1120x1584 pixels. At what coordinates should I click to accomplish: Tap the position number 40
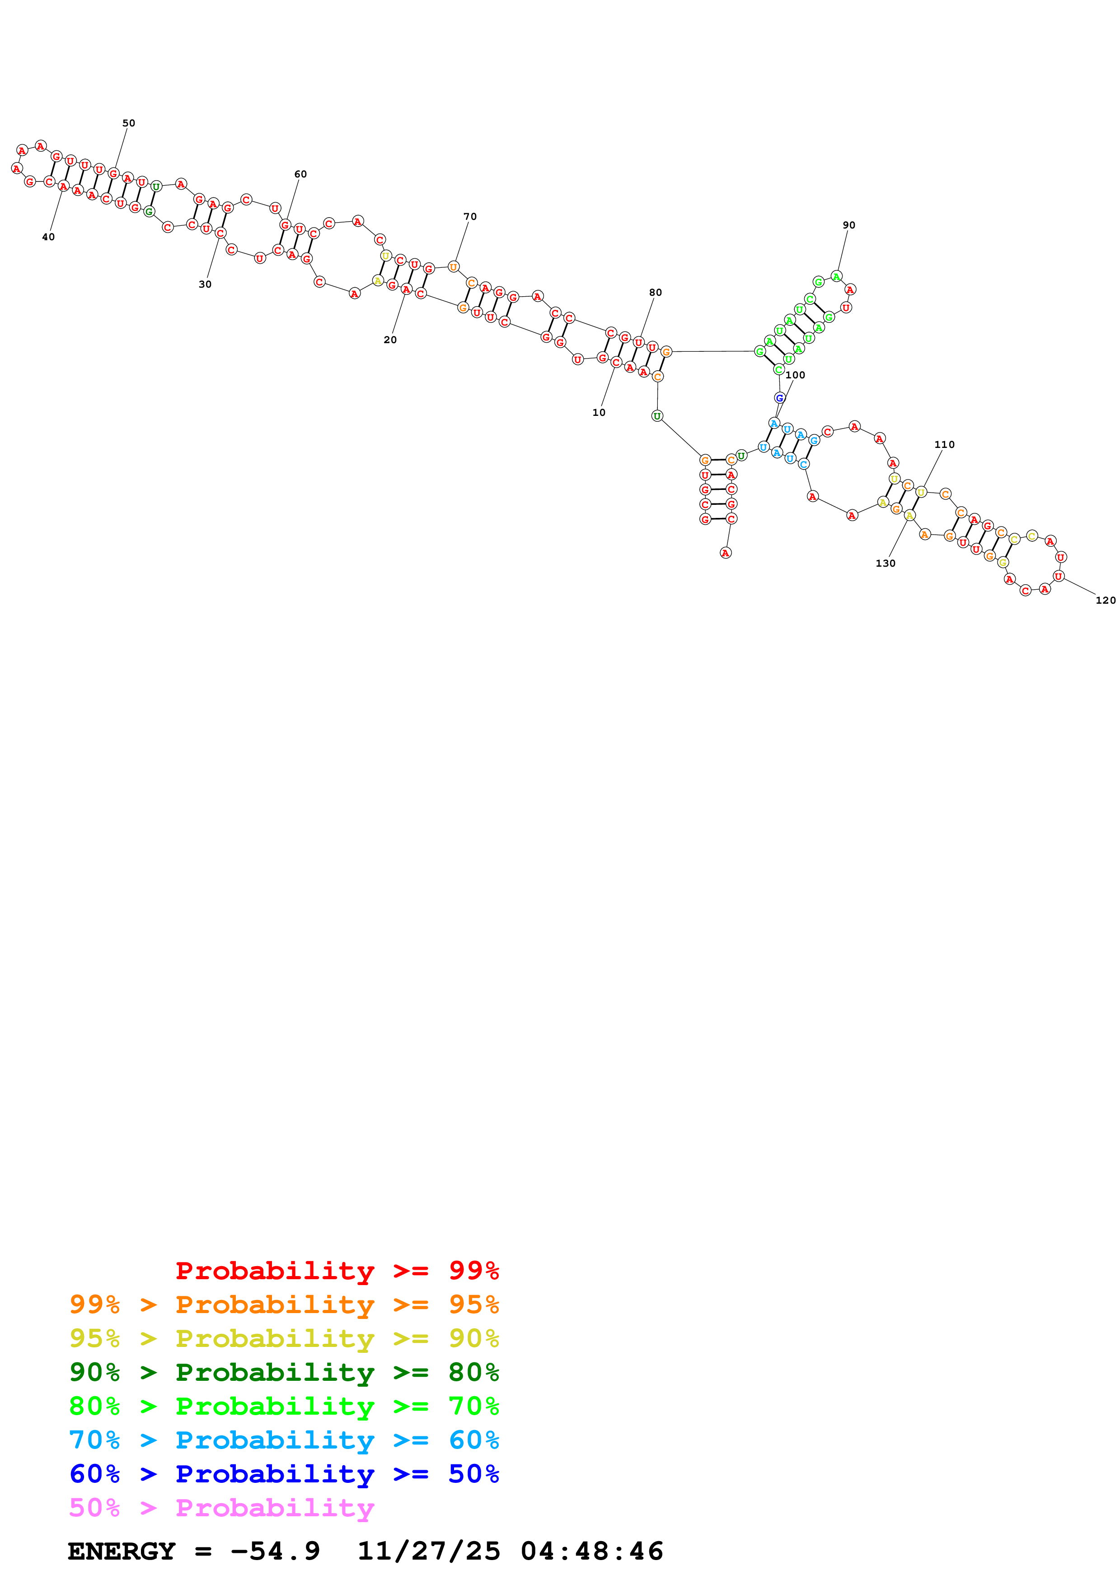(x=48, y=237)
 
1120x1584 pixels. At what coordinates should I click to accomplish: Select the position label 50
(x=128, y=123)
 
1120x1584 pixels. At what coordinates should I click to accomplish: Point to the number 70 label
(x=470, y=217)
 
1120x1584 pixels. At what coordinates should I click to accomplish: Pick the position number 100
(x=795, y=375)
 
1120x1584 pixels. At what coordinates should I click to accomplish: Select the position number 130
(x=886, y=563)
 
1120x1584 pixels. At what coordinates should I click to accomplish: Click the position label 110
(x=944, y=444)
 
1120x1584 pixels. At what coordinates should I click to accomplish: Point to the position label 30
(x=205, y=284)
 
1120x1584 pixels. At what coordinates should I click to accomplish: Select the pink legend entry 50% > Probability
(x=221, y=1508)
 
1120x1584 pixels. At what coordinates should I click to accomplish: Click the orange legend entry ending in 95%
(x=284, y=1304)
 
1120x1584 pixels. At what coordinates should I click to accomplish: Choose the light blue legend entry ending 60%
(x=284, y=1440)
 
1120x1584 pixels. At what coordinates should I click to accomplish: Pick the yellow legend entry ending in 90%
(x=284, y=1338)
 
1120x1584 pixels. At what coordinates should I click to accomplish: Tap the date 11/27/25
(x=429, y=1551)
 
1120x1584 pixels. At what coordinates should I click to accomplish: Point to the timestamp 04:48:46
(x=591, y=1551)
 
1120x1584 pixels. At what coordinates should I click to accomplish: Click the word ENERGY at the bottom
(x=122, y=1551)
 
